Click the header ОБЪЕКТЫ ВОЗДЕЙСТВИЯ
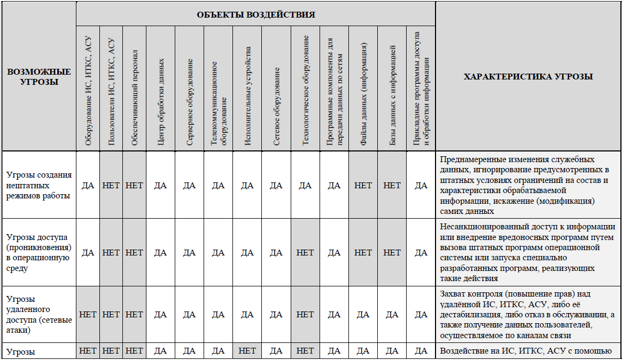(256, 14)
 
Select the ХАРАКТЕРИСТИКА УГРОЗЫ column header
(528, 77)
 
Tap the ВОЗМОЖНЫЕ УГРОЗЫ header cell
(39, 77)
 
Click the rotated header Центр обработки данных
(161, 101)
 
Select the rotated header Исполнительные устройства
(247, 96)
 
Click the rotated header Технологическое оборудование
(305, 90)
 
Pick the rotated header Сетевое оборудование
(276, 106)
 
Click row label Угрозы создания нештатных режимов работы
(39, 186)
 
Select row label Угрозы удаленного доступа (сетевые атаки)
(39, 314)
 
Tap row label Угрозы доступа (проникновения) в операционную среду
(39, 253)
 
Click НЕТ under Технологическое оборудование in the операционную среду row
(305, 253)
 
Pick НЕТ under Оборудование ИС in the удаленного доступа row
(88, 315)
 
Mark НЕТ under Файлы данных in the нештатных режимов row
(363, 186)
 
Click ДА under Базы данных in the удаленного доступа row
(392, 315)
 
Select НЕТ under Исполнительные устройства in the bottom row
(247, 350)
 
